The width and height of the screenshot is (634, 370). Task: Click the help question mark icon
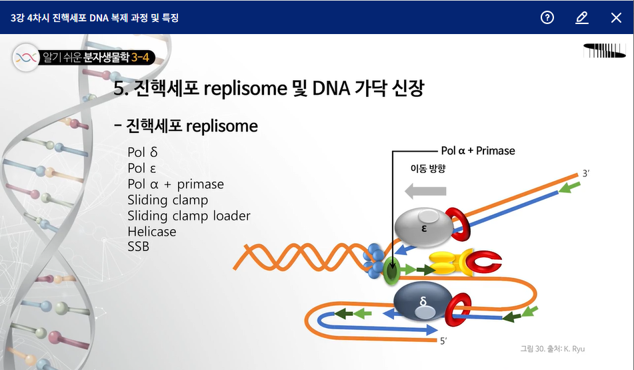[547, 17]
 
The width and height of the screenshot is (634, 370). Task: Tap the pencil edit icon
[581, 17]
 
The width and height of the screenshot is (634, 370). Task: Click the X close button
[616, 17]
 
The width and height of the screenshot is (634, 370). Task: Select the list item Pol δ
[143, 152]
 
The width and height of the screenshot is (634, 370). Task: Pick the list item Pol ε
[142, 168]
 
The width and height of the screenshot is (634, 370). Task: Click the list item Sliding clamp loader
[189, 216]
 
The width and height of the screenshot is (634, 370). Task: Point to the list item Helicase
[152, 232]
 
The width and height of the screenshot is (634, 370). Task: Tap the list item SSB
[139, 247]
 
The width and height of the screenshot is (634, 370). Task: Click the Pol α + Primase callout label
[478, 151]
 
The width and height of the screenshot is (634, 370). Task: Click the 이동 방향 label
[427, 169]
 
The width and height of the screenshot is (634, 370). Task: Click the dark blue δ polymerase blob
[423, 305]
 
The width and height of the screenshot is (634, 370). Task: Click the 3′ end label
[586, 174]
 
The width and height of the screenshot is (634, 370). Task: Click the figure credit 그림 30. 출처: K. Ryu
[553, 349]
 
